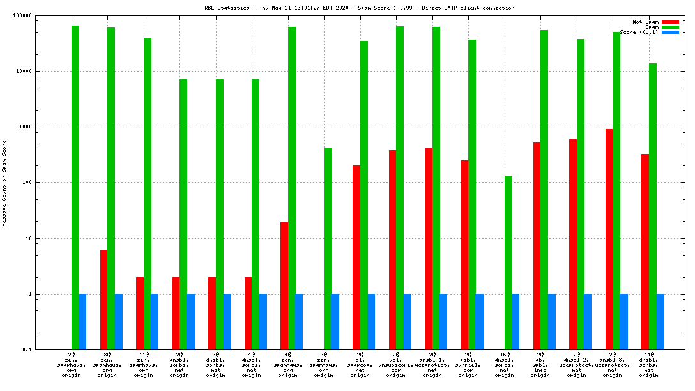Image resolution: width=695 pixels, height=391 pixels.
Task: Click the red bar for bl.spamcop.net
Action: tap(356, 257)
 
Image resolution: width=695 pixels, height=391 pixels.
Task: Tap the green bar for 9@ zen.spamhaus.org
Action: tap(328, 249)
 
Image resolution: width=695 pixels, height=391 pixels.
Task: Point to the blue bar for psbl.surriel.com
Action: tap(480, 321)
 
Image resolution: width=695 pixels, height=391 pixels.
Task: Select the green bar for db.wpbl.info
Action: tap(544, 190)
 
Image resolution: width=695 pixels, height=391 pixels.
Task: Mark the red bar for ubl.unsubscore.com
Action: tap(392, 250)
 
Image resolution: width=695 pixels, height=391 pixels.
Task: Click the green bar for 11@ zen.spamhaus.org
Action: tap(148, 194)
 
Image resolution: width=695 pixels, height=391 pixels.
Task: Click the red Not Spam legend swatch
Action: tap(670, 22)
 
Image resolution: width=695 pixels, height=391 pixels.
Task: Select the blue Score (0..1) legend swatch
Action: tap(670, 32)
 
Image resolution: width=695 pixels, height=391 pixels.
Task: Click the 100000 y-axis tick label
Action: tap(21, 15)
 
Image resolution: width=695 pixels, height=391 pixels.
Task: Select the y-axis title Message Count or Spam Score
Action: tap(4, 183)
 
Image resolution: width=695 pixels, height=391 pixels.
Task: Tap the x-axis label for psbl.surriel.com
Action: tap(468, 365)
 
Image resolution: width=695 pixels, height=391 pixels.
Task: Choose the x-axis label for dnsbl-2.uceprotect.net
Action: tap(577, 365)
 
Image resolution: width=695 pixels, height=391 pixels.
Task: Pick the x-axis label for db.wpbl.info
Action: tap(540, 365)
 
